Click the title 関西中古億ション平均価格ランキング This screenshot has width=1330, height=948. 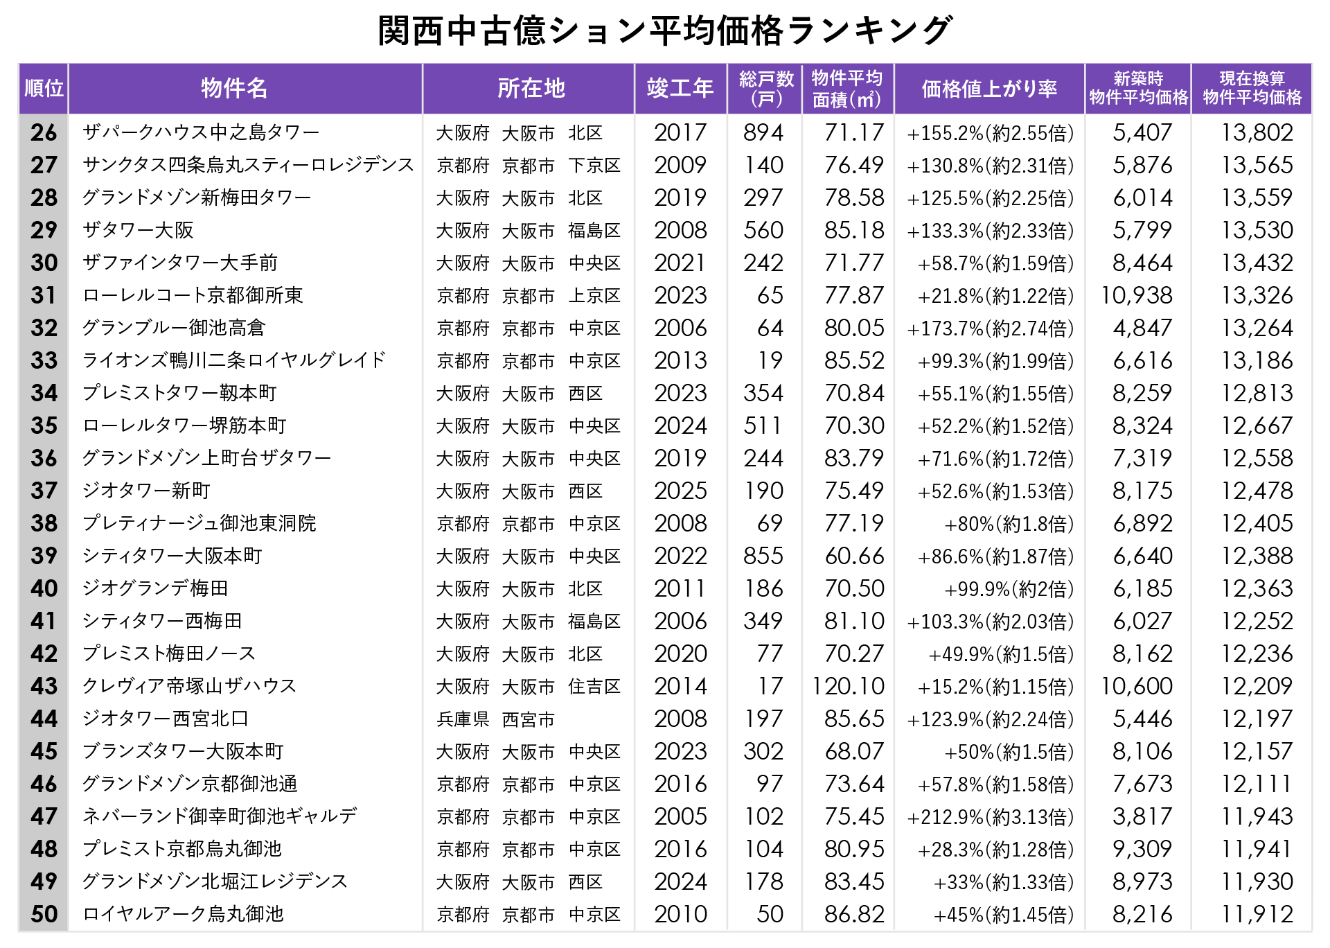665,31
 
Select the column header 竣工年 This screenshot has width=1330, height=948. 680,89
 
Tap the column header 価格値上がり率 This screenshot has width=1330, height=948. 989,89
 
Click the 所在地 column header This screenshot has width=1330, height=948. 531,89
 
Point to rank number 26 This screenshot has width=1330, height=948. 44,132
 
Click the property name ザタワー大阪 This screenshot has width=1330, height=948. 138,230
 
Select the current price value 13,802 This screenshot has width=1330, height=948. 1257,132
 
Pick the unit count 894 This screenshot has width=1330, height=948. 763,132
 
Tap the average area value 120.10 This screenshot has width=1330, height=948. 849,686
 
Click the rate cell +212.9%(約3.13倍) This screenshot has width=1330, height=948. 991,816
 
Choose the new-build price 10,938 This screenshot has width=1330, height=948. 1137,295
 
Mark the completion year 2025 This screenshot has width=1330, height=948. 680,491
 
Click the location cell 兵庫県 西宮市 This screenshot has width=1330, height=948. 496,719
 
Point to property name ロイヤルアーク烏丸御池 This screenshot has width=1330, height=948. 184,914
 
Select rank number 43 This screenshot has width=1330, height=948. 44,686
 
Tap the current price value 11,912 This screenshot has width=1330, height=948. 1257,914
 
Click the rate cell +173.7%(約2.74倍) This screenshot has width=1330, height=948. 991,328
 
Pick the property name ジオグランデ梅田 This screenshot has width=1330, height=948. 155,588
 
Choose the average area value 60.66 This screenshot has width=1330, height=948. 854,556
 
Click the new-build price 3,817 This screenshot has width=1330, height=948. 1142,816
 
